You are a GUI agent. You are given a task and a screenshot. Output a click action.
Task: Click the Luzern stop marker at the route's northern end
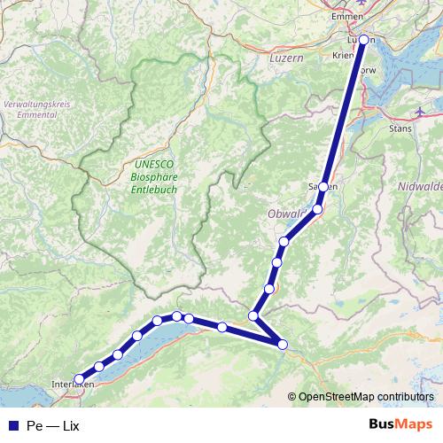(363, 39)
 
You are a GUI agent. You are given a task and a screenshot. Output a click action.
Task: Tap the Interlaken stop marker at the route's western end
(79, 379)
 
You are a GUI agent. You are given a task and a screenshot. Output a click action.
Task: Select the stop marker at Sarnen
(324, 187)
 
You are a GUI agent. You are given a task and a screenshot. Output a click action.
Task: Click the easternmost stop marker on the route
(283, 345)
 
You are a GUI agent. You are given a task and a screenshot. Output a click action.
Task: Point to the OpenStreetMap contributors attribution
(365, 396)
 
